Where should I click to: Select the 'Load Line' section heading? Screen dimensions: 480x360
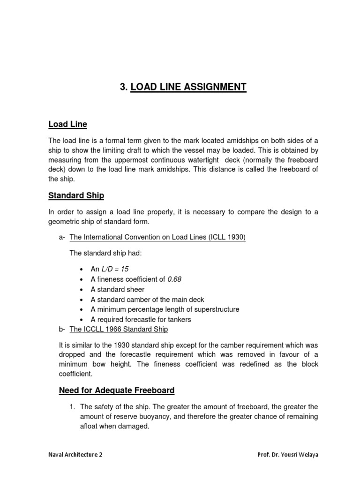(x=67, y=124)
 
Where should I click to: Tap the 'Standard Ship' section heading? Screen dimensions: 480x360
(x=76, y=195)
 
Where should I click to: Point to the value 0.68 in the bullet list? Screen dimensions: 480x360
(x=174, y=279)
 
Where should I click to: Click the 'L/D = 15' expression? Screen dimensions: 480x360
(x=115, y=269)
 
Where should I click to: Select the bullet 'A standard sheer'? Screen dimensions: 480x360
(x=118, y=289)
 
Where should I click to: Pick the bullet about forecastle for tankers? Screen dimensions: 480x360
(x=141, y=319)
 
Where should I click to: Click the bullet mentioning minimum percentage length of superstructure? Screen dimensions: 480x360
(x=165, y=309)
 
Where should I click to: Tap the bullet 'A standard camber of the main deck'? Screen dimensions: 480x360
(x=148, y=299)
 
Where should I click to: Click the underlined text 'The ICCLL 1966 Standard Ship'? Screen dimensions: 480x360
(x=119, y=330)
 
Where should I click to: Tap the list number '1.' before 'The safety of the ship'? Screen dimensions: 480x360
(x=73, y=406)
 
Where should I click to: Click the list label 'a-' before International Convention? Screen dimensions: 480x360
(x=62, y=238)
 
